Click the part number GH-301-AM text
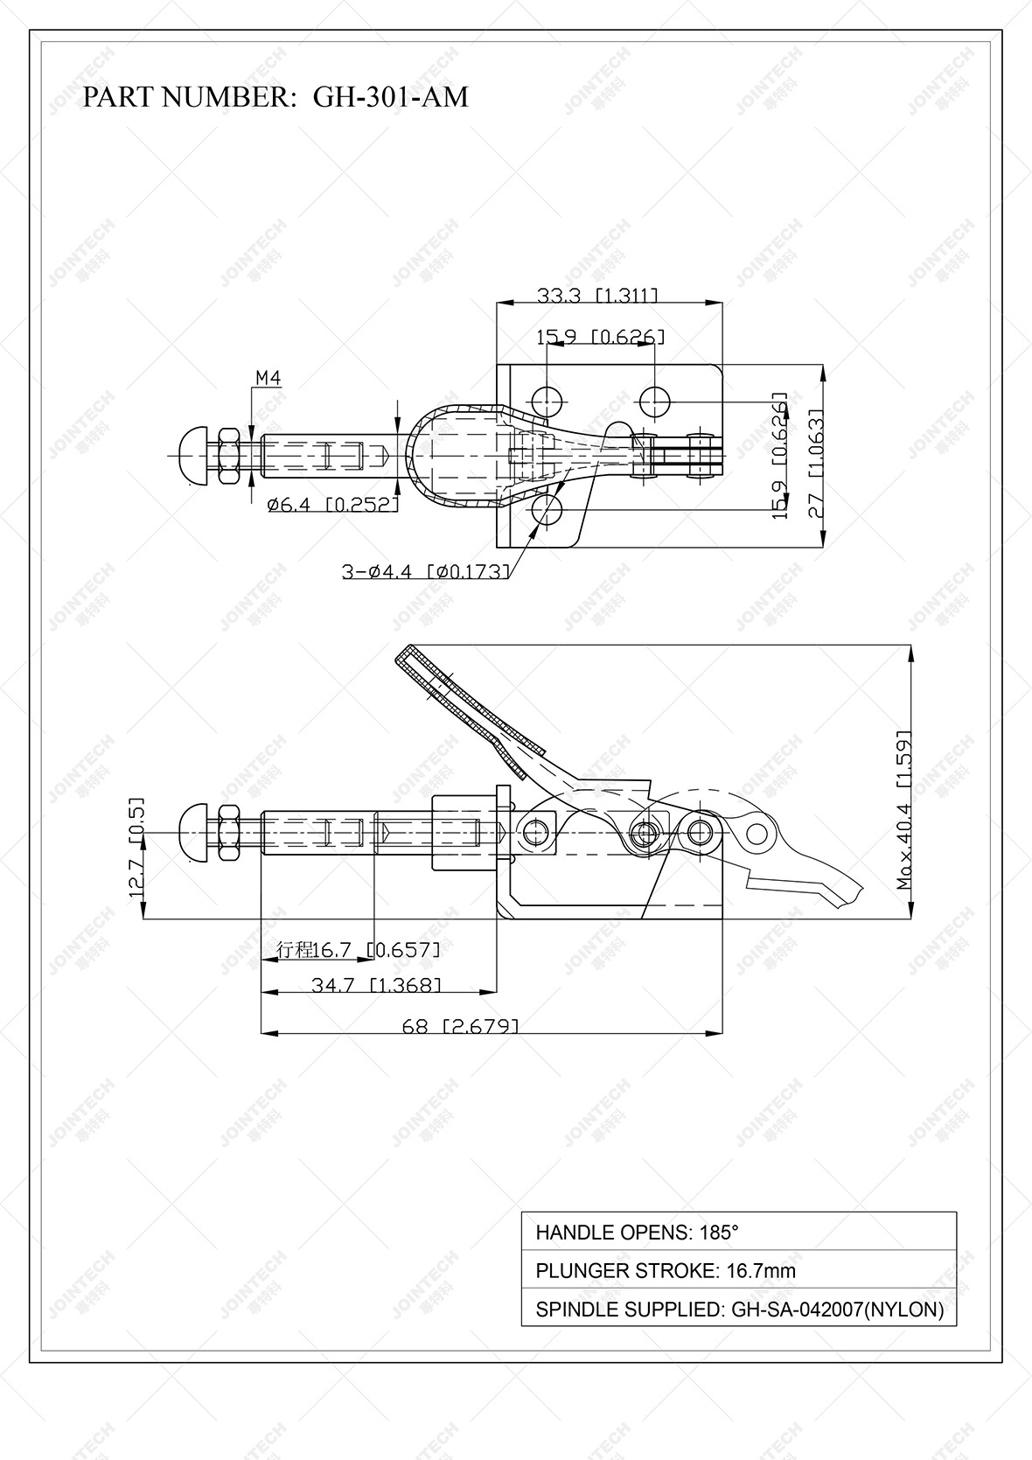[275, 96]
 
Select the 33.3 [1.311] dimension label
[597, 296]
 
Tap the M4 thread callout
[268, 378]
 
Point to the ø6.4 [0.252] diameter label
[332, 504]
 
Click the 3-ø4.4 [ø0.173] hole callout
[425, 572]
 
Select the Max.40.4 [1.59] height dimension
[904, 809]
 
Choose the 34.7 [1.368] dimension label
[376, 985]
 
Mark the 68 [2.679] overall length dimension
[460, 1026]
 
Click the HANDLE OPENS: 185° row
[738, 1233]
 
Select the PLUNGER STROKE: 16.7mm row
[738, 1270]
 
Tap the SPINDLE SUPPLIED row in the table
[738, 1310]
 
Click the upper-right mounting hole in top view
[654, 402]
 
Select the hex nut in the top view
[229, 455]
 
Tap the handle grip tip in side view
[409, 656]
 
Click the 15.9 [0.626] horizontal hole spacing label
[600, 337]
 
